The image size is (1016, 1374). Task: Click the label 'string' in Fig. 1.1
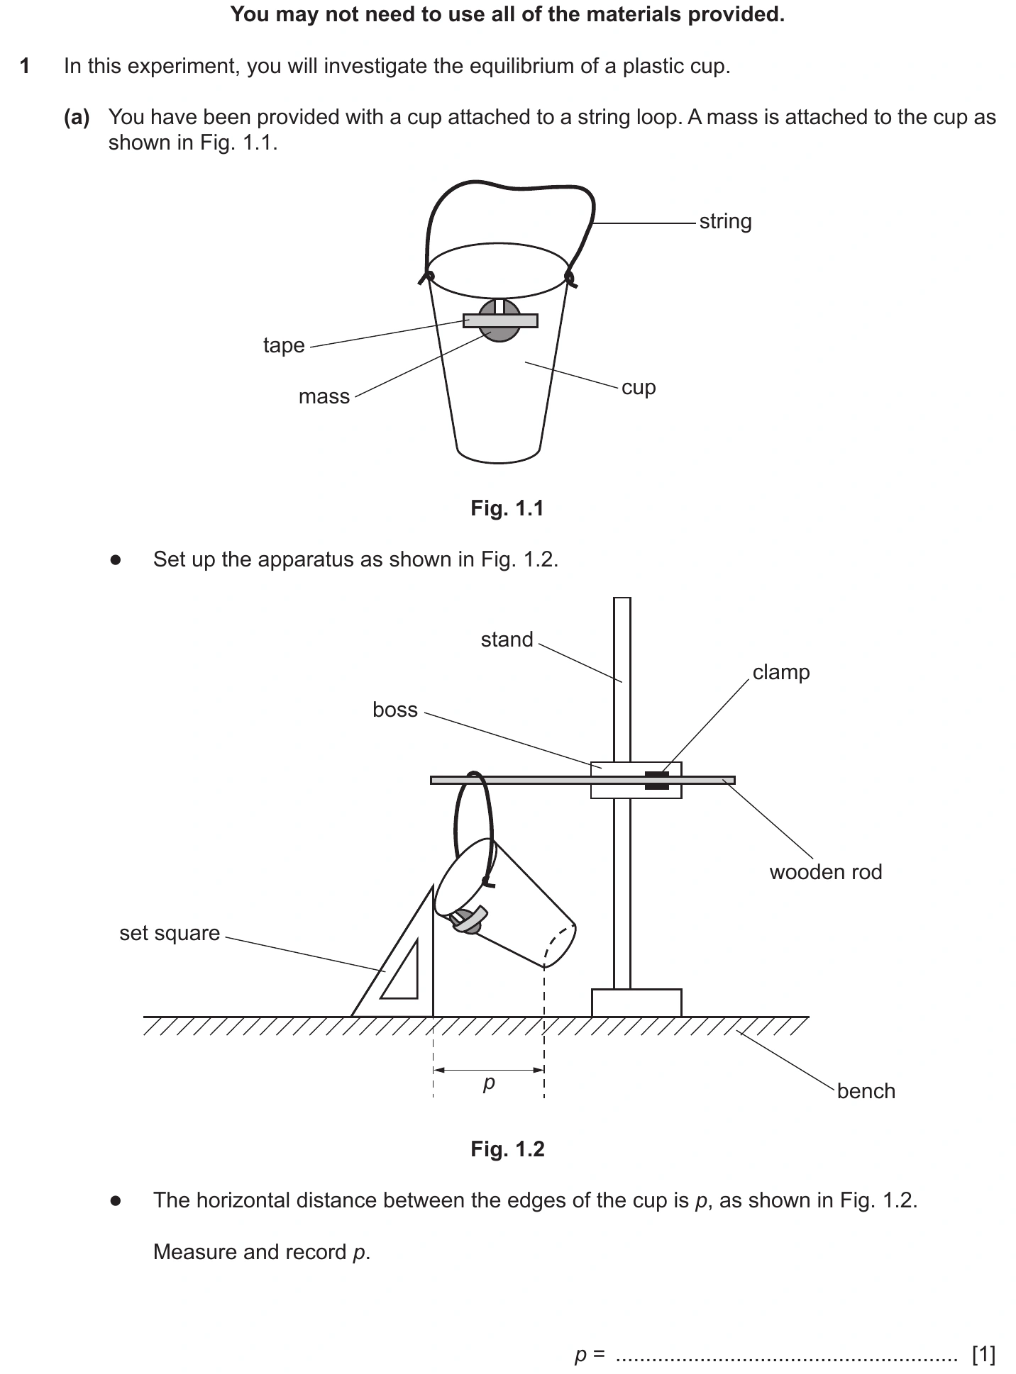[x=725, y=222]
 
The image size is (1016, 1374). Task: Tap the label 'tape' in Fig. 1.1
[x=284, y=345]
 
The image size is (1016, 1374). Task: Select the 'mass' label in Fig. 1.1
[x=324, y=396]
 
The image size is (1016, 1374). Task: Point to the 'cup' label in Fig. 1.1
[x=639, y=388]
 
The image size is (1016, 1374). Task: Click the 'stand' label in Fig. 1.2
[x=507, y=639]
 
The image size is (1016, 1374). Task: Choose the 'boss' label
[x=395, y=710]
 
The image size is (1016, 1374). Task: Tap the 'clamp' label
[x=781, y=672]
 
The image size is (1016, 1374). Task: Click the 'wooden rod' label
[x=826, y=872]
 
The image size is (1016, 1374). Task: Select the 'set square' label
[x=170, y=933]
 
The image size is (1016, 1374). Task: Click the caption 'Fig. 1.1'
[x=507, y=508]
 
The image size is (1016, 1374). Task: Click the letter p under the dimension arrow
[x=489, y=1083]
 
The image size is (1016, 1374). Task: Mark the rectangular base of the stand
[x=636, y=1002]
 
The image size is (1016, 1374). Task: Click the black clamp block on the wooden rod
[x=657, y=780]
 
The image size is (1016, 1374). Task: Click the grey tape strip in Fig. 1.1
[x=500, y=320]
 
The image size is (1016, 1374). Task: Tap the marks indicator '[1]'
[x=984, y=1355]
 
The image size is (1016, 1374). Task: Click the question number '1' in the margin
[x=25, y=67]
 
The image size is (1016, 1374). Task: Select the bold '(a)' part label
[x=77, y=118]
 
